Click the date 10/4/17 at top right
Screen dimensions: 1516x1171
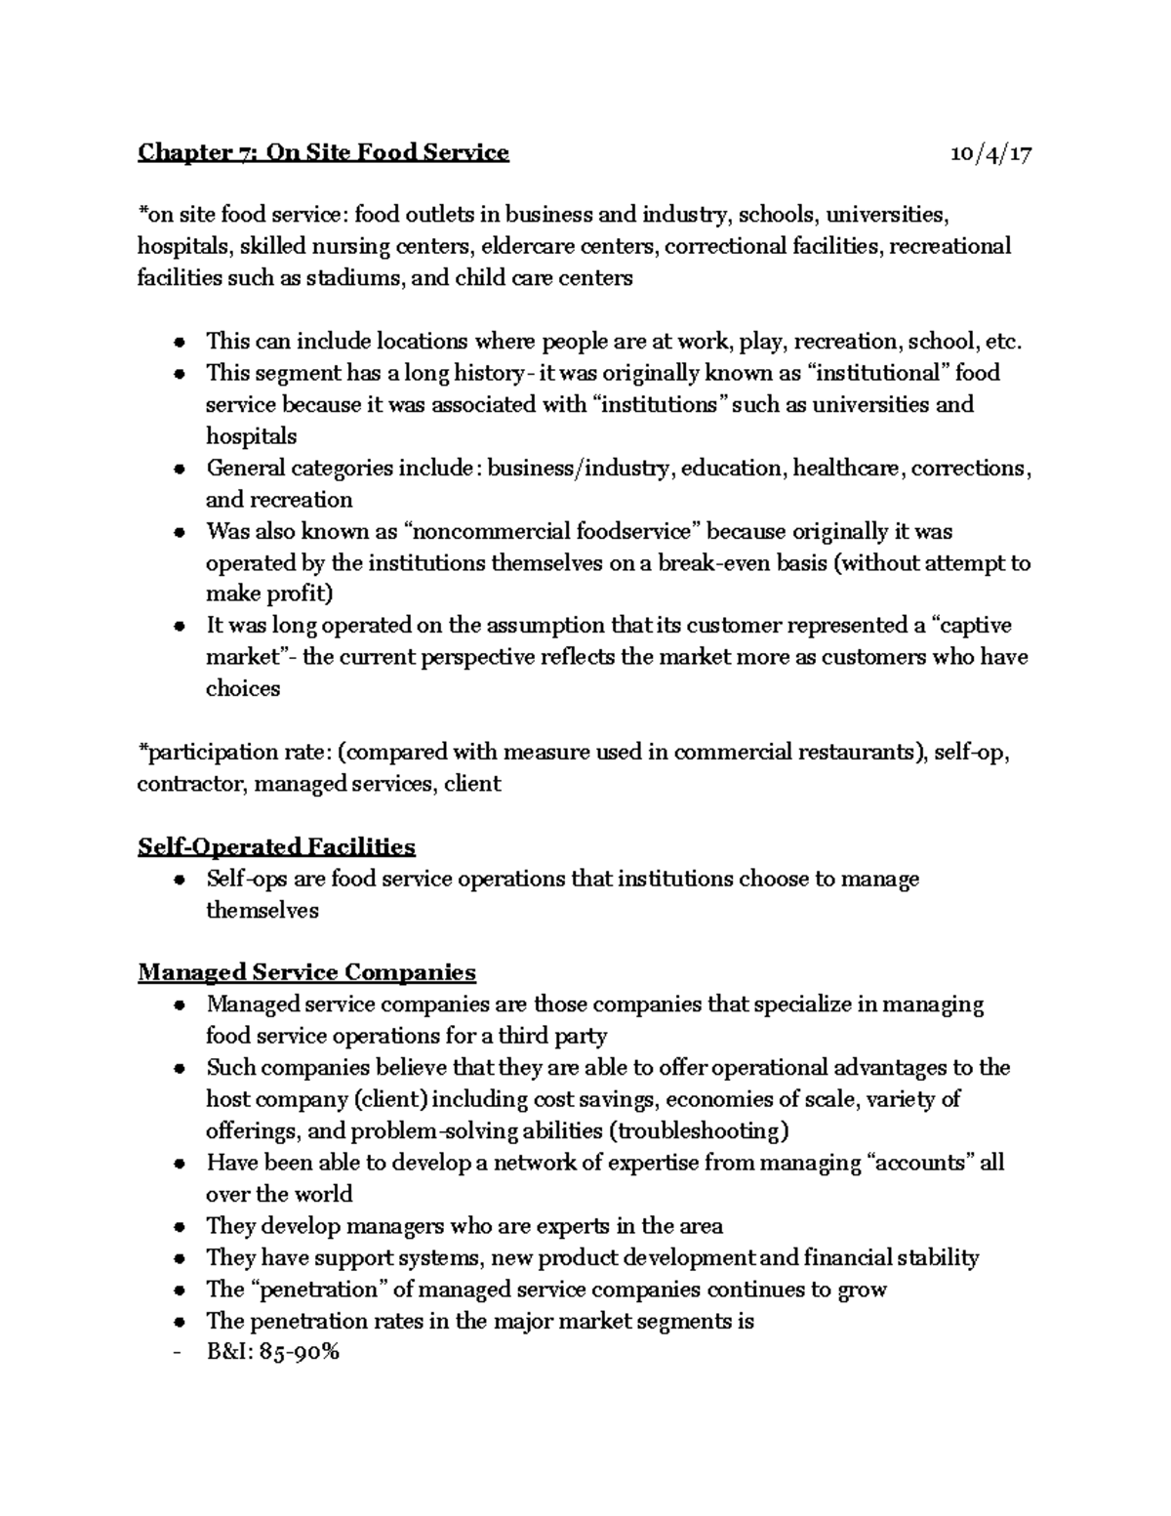[x=990, y=153]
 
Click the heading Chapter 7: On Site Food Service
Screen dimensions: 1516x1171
[x=323, y=152]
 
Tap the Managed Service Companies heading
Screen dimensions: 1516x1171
[x=306, y=972]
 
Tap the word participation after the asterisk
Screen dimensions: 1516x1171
[x=201, y=752]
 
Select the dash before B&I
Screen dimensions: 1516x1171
[x=175, y=1353]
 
